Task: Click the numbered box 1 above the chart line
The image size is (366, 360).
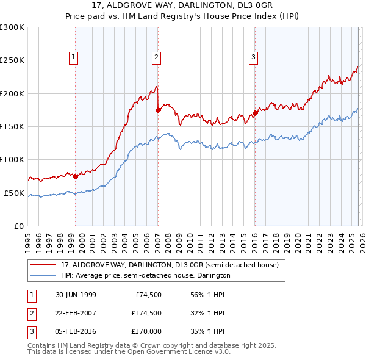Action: point(73,57)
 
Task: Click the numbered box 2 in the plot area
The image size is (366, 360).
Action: point(156,57)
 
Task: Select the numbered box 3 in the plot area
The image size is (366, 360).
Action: point(253,57)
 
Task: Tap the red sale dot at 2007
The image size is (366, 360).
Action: point(158,110)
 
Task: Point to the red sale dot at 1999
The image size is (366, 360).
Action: point(76,177)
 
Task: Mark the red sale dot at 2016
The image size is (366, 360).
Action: point(255,113)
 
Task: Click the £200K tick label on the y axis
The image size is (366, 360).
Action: point(12,93)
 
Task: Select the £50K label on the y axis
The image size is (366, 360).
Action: point(14,193)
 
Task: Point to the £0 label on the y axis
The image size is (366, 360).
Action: point(18,226)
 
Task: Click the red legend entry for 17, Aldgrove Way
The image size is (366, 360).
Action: point(169,265)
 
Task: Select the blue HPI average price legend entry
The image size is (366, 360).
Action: point(145,276)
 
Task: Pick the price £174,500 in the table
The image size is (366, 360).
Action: point(146,313)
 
